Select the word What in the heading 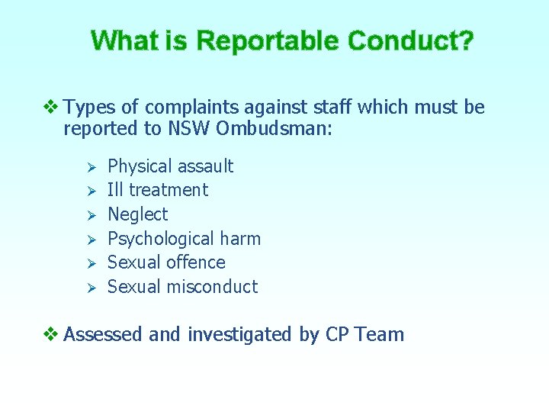pos(120,40)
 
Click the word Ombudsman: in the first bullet pos(274,128)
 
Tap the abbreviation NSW pos(189,128)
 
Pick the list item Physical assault pos(170,166)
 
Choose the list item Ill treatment pos(157,190)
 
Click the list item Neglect pos(137,214)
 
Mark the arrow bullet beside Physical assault pos(88,167)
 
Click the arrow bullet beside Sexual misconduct pos(88,288)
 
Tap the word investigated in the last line pos(239,334)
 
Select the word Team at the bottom pos(379,334)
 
